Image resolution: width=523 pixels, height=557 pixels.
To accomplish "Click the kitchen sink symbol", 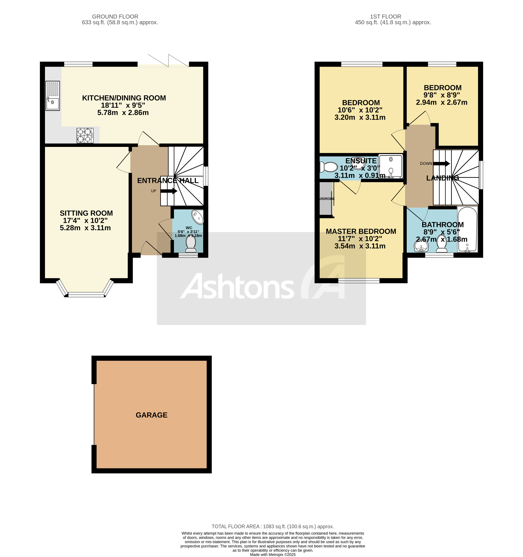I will click(x=53, y=96).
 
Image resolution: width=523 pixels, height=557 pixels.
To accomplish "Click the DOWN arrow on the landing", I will click(x=442, y=163).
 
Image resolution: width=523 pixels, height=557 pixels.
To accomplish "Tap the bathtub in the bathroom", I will click(x=467, y=229).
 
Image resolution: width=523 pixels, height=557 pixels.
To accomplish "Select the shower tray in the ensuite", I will click(x=391, y=166).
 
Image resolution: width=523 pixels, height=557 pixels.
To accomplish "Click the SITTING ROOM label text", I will click(x=86, y=213).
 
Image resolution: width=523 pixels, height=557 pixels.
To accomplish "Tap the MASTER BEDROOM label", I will click(x=361, y=231).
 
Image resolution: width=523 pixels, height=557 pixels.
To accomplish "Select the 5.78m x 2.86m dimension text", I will click(x=123, y=113).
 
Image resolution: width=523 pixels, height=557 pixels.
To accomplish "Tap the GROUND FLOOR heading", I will click(x=115, y=17).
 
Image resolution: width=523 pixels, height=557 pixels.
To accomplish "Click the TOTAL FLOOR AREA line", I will click(x=272, y=526).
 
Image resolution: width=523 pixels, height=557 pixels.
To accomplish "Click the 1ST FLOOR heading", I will click(x=385, y=17).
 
